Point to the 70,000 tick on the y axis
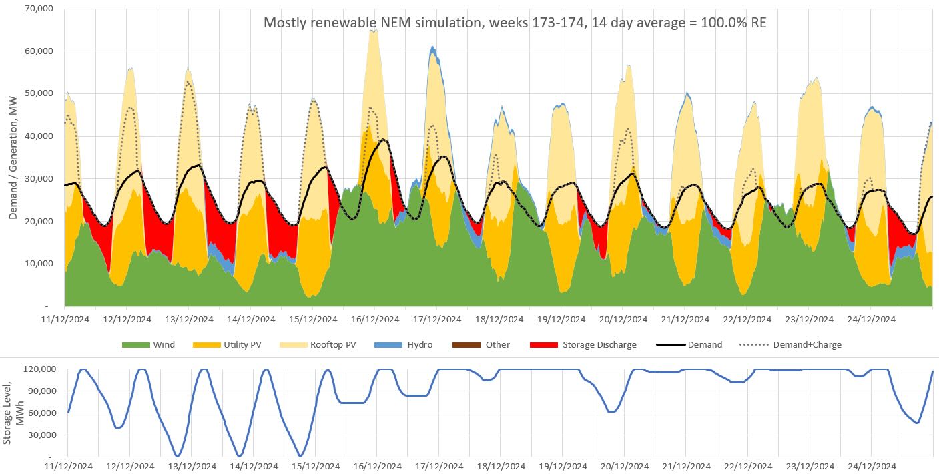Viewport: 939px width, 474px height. point(39,9)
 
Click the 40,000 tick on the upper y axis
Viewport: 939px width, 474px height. point(39,136)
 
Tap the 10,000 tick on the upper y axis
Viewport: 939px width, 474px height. point(39,264)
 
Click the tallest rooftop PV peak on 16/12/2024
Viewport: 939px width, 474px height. point(374,31)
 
